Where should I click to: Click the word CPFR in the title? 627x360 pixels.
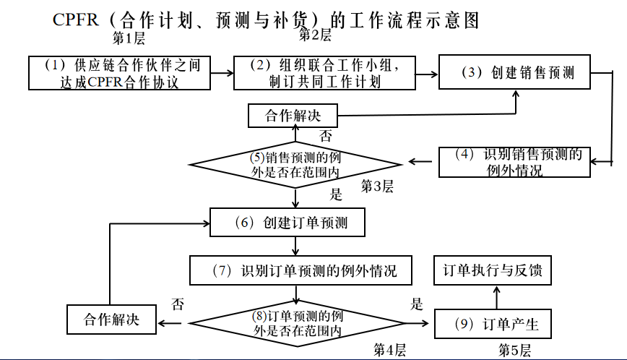point(75,20)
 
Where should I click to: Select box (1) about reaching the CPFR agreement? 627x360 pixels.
point(120,73)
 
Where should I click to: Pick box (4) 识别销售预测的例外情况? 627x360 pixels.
point(514,162)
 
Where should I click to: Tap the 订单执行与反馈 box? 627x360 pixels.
point(496,271)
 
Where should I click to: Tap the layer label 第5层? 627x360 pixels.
point(515,351)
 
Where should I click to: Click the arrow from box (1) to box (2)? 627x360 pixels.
point(222,72)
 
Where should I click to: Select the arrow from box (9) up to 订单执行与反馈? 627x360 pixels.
point(496,297)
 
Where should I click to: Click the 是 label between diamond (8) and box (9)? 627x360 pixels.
point(417,304)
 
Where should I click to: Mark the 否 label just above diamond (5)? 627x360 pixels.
point(326,135)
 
